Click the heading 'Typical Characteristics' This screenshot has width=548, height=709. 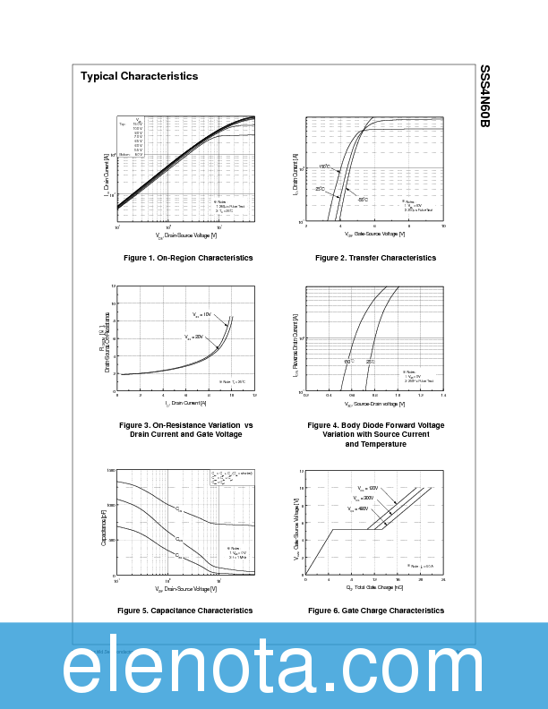[139, 76]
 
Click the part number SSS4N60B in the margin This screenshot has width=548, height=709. [484, 96]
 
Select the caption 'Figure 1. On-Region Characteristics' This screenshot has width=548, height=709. [188, 258]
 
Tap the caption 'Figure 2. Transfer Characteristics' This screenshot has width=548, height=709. [375, 258]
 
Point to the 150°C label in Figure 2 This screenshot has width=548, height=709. [324, 167]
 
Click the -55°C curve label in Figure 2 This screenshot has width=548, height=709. [363, 199]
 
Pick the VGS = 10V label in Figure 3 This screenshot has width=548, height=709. [202, 314]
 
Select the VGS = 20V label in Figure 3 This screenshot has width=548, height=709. [194, 337]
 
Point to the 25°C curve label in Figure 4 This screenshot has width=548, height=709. [371, 362]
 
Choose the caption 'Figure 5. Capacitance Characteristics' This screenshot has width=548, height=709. [184, 611]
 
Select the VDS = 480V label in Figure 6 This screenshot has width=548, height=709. [358, 508]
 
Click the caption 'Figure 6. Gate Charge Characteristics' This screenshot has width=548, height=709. [375, 611]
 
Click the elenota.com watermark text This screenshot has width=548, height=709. [273, 667]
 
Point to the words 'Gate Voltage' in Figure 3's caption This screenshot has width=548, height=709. [218, 434]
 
